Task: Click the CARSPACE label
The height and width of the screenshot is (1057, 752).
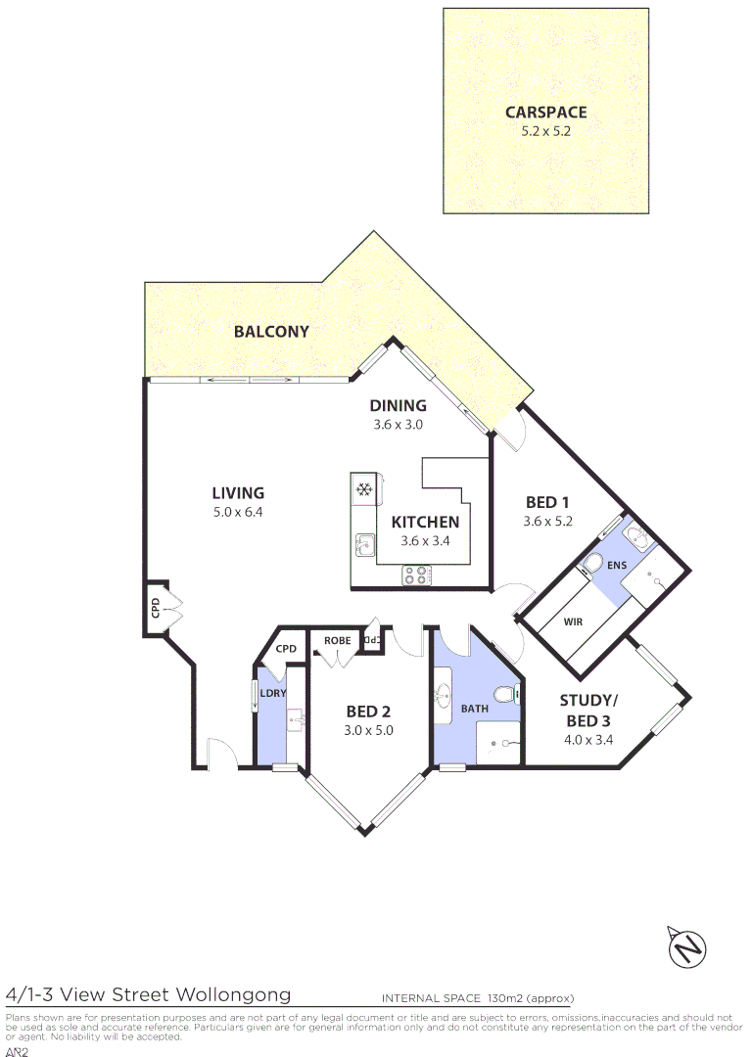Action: (x=545, y=113)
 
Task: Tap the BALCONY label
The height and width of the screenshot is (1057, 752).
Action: (x=271, y=332)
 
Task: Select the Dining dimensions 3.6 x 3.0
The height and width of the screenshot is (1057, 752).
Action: (x=398, y=425)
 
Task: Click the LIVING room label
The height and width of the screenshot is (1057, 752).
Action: (x=238, y=493)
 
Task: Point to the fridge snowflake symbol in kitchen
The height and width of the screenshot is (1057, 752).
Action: (x=364, y=488)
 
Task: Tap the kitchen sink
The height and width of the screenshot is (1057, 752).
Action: (x=364, y=544)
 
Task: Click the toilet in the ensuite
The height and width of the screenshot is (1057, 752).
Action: (x=591, y=565)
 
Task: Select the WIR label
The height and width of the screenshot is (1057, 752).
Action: (x=574, y=620)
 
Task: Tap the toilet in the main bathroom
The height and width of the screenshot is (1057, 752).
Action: (x=503, y=696)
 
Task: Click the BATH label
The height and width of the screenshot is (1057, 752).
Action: (x=475, y=708)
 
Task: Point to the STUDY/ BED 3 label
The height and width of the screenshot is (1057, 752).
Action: (x=589, y=711)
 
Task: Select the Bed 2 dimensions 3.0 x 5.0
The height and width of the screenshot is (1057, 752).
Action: (x=368, y=730)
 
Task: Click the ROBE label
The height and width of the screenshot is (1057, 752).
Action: (x=337, y=641)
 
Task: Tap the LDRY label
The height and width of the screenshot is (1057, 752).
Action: (x=272, y=694)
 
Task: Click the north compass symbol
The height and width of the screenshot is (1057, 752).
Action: (x=687, y=946)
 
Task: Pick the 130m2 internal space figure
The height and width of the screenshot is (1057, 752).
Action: (x=505, y=999)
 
